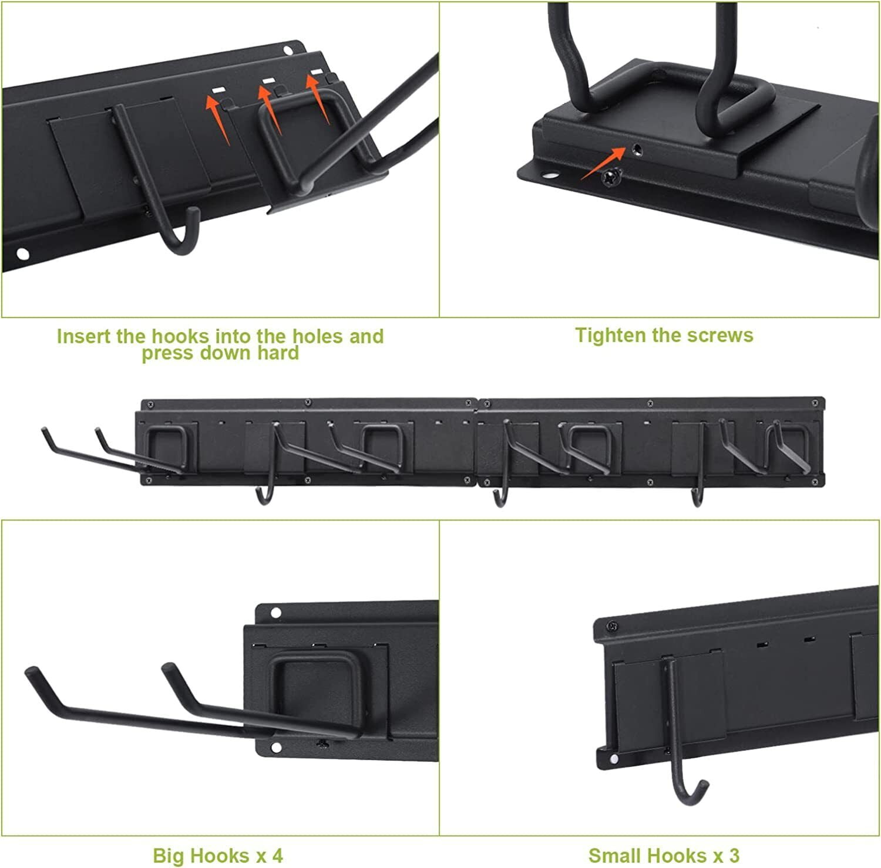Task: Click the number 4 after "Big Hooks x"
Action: tap(277, 855)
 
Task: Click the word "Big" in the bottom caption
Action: tap(167, 856)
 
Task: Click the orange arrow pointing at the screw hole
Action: tap(604, 163)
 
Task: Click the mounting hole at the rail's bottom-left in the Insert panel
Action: tap(22, 254)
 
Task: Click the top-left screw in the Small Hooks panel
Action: tap(613, 627)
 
